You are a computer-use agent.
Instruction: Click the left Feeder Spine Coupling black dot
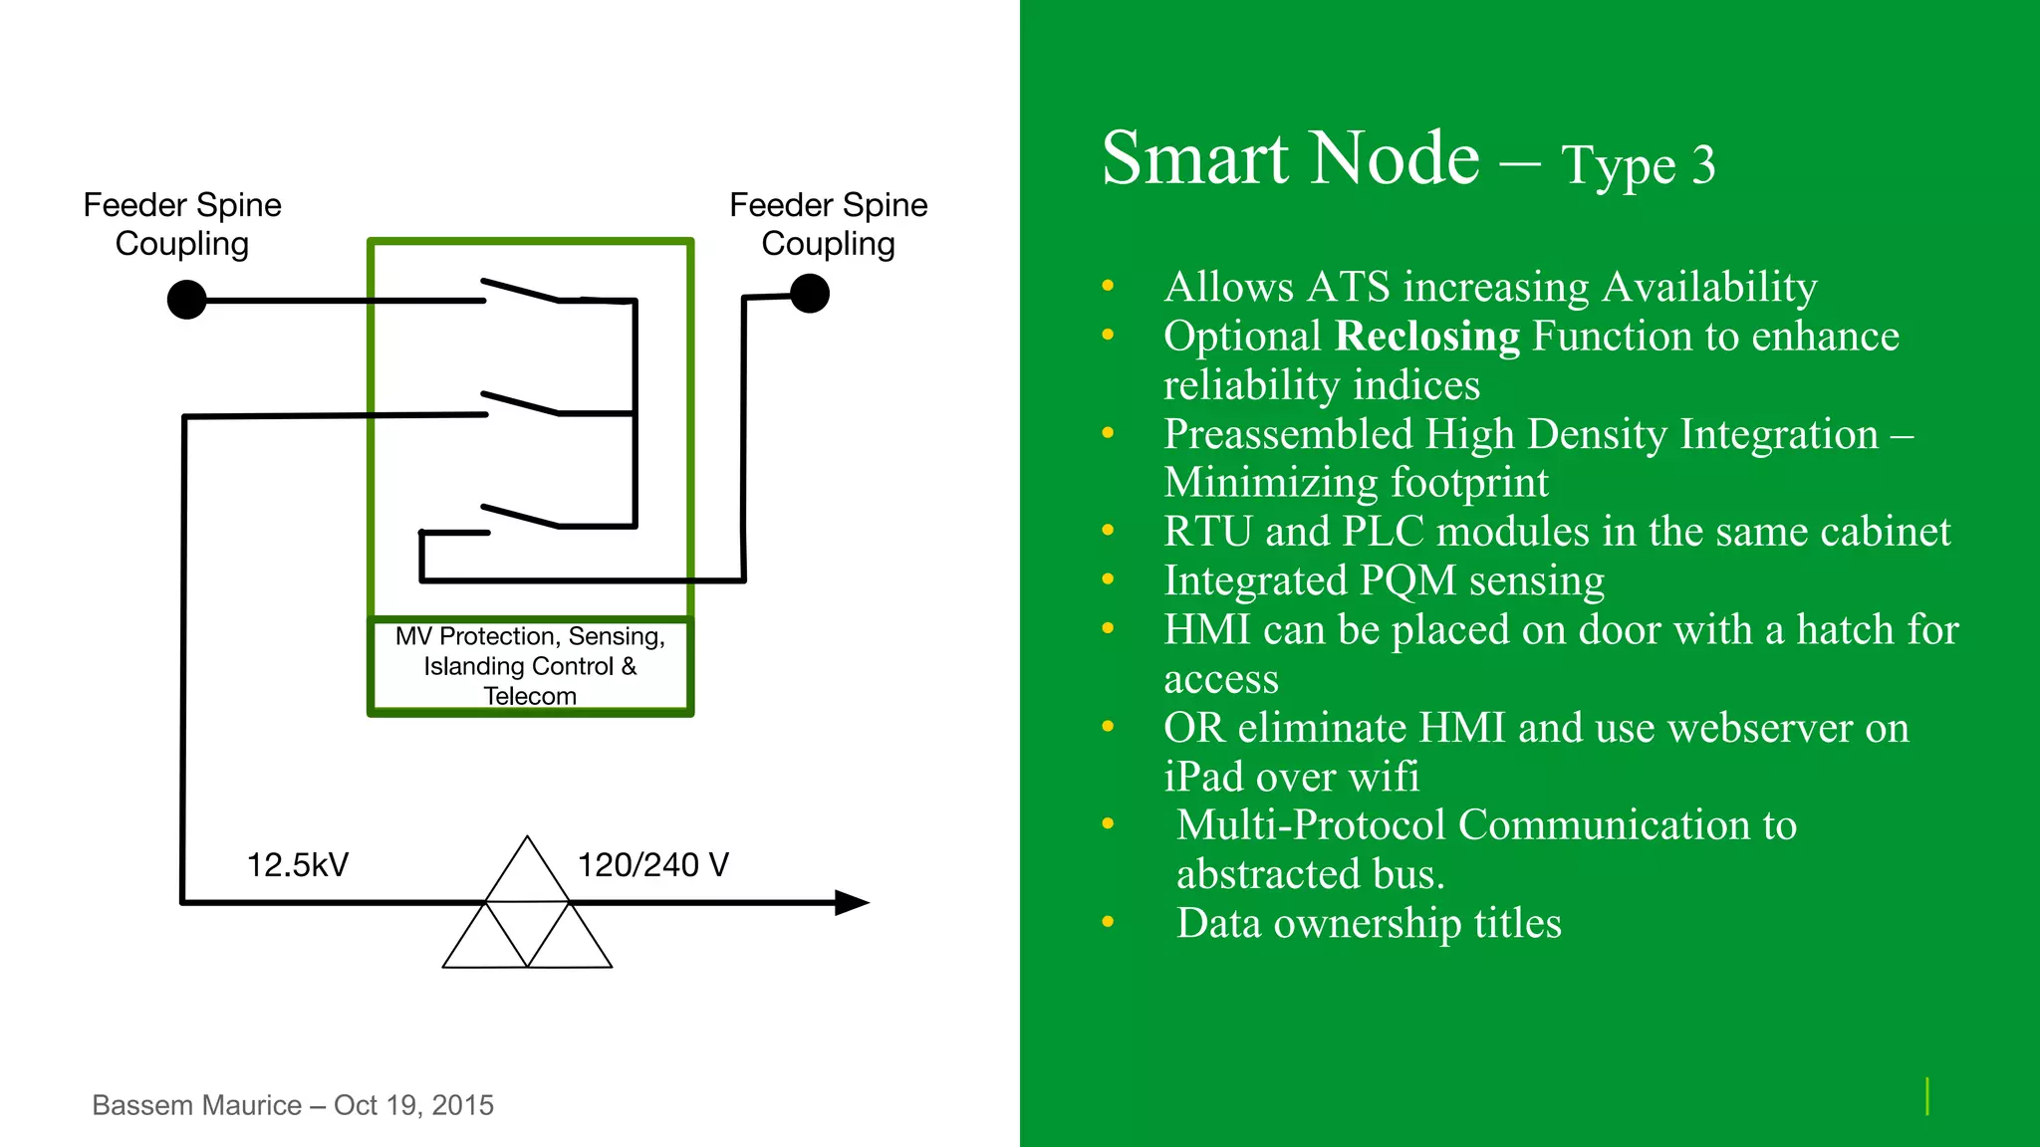(186, 299)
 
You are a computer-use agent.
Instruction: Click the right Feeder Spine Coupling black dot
(810, 294)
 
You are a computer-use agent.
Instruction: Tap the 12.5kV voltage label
(297, 864)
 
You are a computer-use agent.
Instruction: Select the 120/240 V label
(652, 864)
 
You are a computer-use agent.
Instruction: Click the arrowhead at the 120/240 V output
(852, 902)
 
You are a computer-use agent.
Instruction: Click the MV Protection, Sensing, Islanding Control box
(530, 665)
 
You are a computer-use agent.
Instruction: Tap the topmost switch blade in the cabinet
(520, 290)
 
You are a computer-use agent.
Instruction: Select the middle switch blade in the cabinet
(520, 403)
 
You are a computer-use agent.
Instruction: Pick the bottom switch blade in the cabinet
(520, 516)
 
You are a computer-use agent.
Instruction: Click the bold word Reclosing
(1426, 337)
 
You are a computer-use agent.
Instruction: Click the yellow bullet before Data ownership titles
(1108, 922)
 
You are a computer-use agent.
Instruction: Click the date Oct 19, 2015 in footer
(413, 1105)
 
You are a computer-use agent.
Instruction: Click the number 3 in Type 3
(1703, 165)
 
